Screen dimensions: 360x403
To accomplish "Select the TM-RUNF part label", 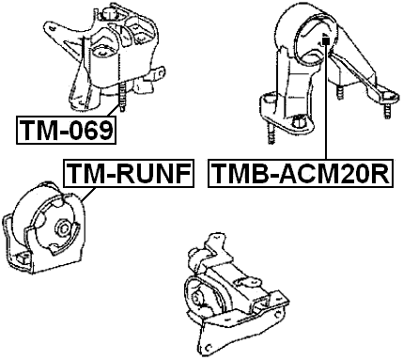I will [x=127, y=173].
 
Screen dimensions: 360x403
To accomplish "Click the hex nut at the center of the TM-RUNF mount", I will [x=63, y=228].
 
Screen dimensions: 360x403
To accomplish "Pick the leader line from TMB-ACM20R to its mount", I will [x=324, y=103].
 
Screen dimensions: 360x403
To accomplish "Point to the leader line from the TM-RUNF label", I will [x=86, y=194].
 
